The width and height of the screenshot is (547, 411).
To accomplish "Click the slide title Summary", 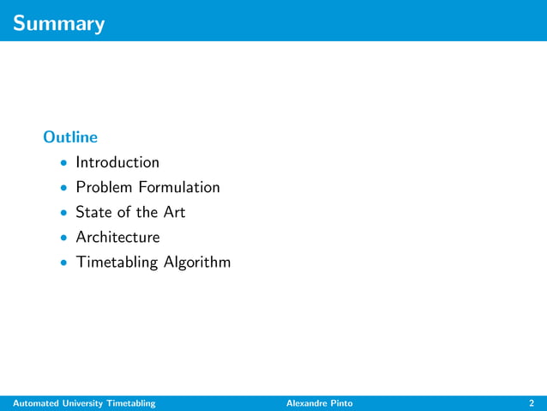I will tap(59, 23).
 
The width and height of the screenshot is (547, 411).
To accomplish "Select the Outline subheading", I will tap(70, 137).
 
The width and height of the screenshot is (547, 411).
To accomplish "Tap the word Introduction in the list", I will tap(117, 162).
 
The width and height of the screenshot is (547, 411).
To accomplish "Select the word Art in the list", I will tap(174, 212).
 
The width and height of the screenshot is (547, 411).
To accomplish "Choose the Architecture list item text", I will tap(117, 237).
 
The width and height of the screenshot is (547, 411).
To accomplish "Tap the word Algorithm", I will tap(197, 263).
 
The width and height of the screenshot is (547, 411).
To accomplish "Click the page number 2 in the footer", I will tap(532, 403).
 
